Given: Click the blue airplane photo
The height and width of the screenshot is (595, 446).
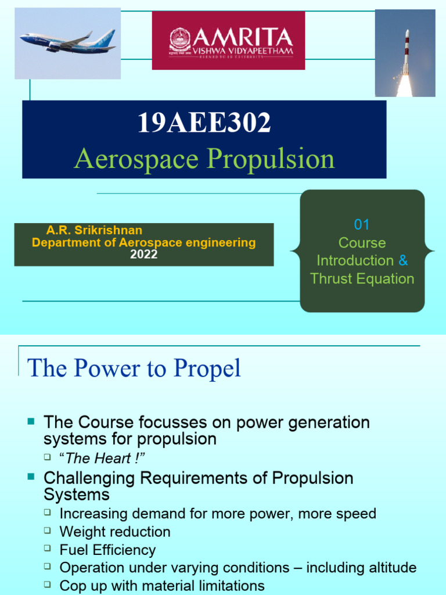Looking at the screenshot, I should click(x=68, y=43).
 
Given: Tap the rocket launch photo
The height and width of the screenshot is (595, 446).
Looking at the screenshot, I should click(x=405, y=53).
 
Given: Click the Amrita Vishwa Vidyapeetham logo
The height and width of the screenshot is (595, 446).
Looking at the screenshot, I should click(x=228, y=41).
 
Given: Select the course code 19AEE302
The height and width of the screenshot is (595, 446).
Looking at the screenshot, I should click(x=204, y=123).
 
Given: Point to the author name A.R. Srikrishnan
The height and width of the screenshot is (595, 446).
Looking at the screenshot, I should click(x=94, y=231).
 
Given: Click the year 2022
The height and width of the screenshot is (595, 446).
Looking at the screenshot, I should click(x=143, y=255).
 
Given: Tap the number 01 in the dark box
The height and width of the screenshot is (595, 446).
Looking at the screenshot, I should click(x=362, y=225).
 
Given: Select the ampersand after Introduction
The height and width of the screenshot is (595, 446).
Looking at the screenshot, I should click(x=403, y=260).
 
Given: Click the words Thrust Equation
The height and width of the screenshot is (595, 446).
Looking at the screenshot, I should click(x=362, y=278).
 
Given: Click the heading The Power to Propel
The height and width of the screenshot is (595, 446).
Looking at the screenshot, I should click(x=134, y=368).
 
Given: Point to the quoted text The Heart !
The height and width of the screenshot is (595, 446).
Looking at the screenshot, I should click(x=102, y=458).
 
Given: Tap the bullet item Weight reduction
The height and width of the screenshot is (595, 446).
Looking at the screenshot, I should click(x=115, y=532).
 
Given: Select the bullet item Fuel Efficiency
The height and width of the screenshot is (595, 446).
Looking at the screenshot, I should click(x=107, y=550).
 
